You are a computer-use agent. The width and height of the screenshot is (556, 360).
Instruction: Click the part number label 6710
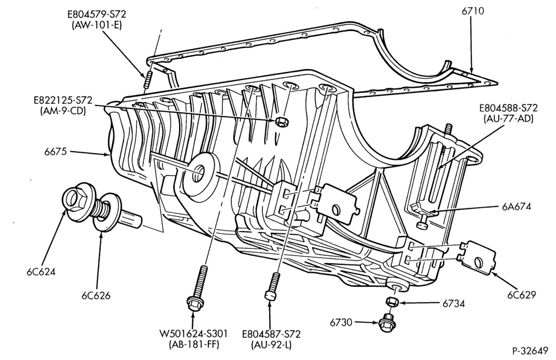472,11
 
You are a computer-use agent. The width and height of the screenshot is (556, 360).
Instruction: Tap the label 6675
55,152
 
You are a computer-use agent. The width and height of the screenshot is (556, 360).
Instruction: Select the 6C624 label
41,272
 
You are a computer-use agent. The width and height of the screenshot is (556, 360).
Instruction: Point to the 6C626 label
96,296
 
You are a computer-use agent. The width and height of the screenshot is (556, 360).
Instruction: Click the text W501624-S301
193,333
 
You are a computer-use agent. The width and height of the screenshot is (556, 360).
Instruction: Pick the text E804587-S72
271,334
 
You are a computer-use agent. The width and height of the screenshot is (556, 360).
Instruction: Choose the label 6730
341,323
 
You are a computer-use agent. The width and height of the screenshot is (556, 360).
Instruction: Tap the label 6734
454,304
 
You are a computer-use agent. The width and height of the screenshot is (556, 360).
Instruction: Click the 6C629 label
522,295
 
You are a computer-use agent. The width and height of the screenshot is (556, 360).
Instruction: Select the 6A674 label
517,207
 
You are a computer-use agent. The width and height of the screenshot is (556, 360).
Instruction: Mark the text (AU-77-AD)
508,119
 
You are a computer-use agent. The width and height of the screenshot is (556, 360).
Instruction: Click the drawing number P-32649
530,351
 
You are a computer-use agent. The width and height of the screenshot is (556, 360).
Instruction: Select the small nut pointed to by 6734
391,302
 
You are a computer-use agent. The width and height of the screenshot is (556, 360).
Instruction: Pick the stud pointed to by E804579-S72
147,79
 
